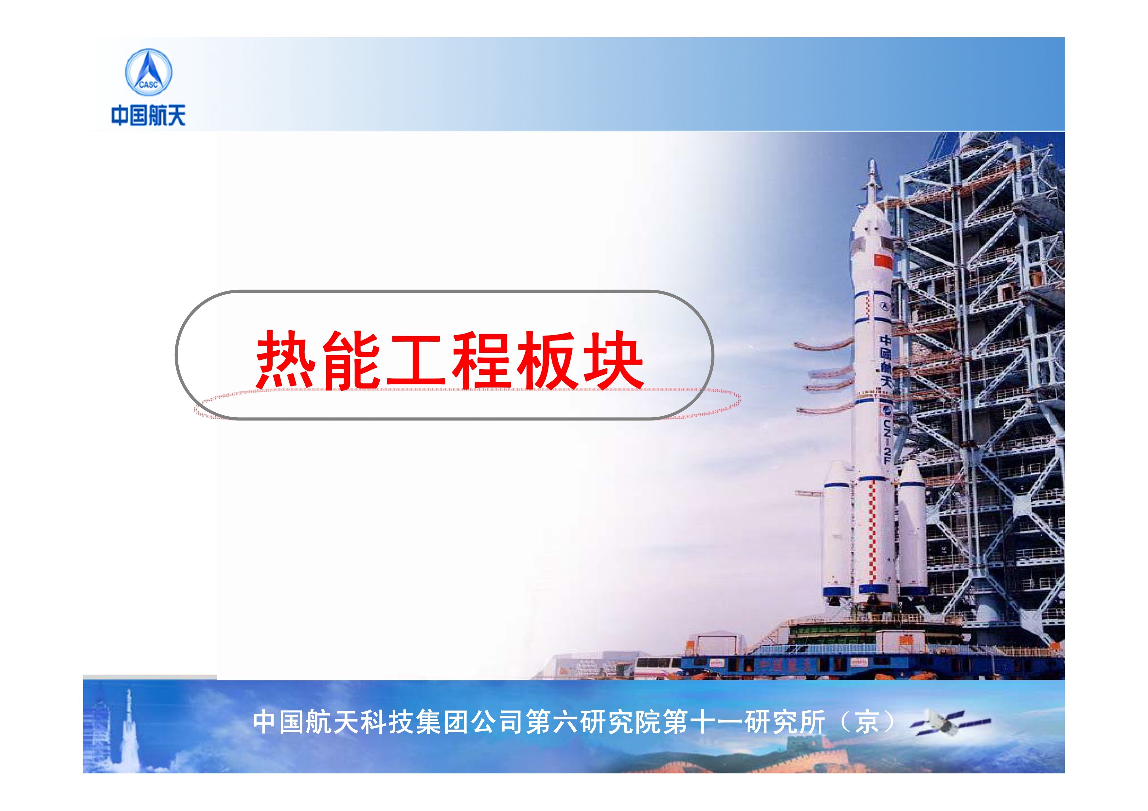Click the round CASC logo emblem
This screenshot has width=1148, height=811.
coord(148,73)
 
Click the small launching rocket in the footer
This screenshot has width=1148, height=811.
coord(129,719)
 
